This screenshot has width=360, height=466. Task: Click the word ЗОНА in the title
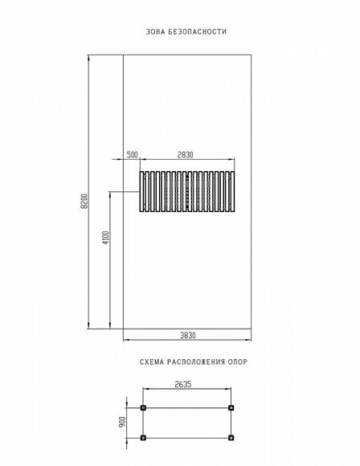155,31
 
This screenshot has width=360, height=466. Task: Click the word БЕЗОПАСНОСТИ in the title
198,31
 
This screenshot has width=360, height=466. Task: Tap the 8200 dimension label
84,201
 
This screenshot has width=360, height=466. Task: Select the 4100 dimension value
106,238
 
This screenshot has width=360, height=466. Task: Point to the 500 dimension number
133,155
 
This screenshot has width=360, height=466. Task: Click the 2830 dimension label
185,155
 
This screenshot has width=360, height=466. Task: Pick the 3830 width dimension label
188,335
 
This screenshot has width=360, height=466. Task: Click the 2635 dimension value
183,384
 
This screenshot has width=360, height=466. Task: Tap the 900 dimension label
122,422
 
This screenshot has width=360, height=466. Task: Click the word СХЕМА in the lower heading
152,362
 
